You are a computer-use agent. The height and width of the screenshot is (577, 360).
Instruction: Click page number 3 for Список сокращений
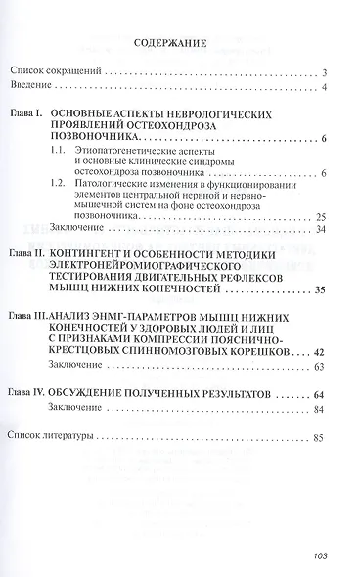point(324,73)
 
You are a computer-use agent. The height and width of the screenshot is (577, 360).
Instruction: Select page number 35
point(321,317)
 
